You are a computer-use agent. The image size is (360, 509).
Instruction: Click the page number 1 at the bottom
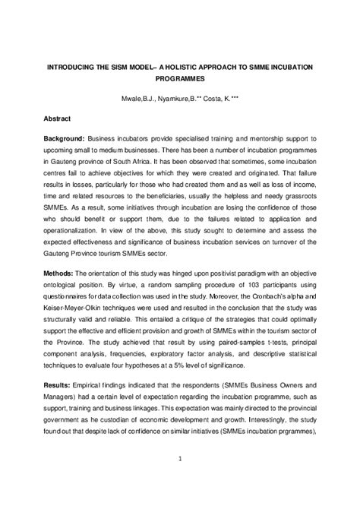[179, 479]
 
